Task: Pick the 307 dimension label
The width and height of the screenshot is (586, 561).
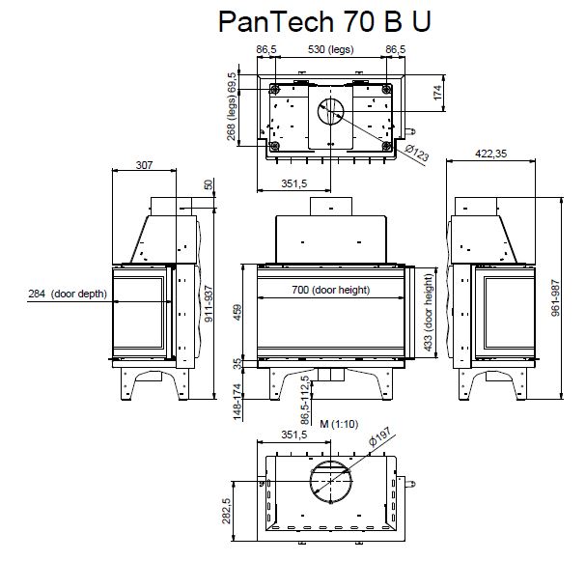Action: (x=144, y=165)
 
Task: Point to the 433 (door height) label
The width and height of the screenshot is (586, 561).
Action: (x=429, y=313)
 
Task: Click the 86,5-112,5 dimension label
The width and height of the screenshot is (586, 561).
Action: (x=304, y=395)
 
